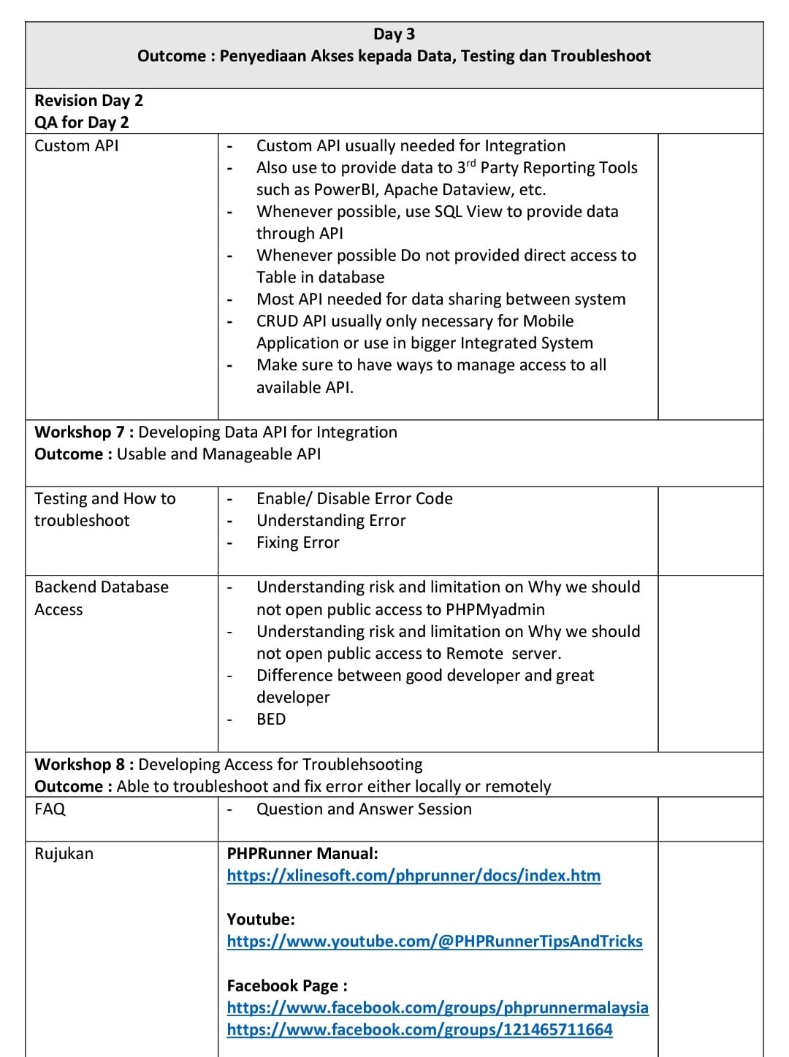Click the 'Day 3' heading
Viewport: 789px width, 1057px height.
pyautogui.click(x=394, y=34)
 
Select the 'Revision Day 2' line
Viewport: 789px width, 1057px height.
pyautogui.click(x=88, y=100)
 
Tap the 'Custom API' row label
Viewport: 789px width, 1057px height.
pyautogui.click(x=76, y=145)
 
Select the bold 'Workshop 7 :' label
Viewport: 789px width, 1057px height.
pyautogui.click(x=84, y=432)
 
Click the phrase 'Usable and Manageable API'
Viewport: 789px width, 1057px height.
pyautogui.click(x=218, y=454)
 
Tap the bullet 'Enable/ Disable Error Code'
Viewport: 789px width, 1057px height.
pyautogui.click(x=354, y=498)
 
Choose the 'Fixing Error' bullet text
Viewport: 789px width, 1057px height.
pyautogui.click(x=297, y=542)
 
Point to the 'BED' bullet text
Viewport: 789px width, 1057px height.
pyautogui.click(x=271, y=719)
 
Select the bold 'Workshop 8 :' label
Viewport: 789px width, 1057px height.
pyautogui.click(x=84, y=764)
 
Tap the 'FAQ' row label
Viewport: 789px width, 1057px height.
pyautogui.click(x=50, y=809)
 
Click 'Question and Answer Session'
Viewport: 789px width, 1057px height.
pyautogui.click(x=364, y=809)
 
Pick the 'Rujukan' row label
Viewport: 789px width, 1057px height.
pyautogui.click(x=64, y=853)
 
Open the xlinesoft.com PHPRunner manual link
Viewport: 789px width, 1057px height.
pyautogui.click(x=413, y=875)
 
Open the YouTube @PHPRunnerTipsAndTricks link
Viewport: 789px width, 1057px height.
pyautogui.click(x=435, y=941)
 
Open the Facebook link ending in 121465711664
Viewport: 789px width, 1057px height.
pyautogui.click(x=419, y=1029)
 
